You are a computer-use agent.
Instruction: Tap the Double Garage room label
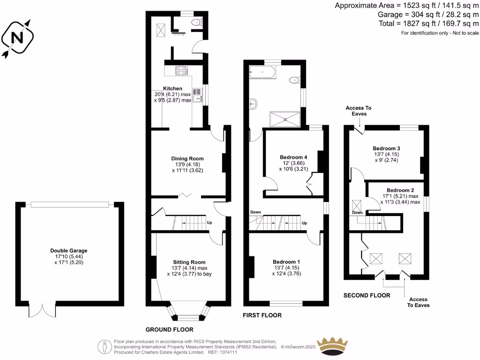[x=69, y=251]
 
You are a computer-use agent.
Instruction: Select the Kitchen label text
[x=172, y=89]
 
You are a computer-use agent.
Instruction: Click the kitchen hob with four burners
[x=181, y=71]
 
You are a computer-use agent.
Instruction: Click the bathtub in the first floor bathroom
[x=262, y=72]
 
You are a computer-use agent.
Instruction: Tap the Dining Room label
[x=187, y=158]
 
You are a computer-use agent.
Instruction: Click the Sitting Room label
[x=189, y=262]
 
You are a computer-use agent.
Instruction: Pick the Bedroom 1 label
[x=286, y=262]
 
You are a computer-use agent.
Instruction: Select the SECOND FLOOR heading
[x=367, y=295]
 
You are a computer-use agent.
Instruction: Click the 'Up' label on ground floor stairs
[x=209, y=223]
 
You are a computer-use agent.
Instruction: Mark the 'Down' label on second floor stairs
[x=357, y=213]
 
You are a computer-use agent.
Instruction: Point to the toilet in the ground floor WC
[x=197, y=22]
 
